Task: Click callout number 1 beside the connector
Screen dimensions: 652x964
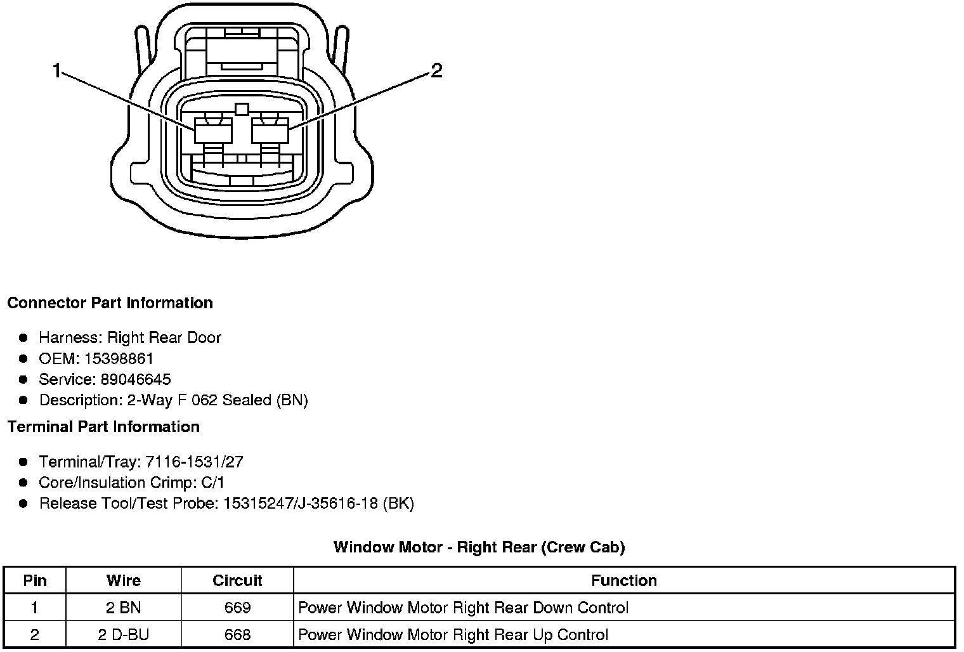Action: click(x=56, y=71)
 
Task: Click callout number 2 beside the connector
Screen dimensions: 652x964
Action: click(x=436, y=71)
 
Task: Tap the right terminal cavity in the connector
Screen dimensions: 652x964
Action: click(x=270, y=133)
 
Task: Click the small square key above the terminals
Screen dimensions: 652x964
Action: click(x=241, y=109)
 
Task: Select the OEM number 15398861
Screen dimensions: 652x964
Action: click(x=119, y=358)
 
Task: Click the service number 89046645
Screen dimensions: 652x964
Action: click(x=136, y=379)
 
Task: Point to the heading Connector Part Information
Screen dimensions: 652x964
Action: click(x=110, y=303)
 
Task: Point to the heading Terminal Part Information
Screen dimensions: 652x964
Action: click(x=103, y=426)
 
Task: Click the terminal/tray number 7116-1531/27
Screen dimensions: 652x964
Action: click(x=194, y=462)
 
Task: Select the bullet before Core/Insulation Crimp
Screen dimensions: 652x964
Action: click(x=24, y=483)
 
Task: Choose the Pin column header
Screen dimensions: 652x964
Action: click(x=35, y=580)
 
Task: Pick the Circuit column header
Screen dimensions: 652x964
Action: click(x=237, y=580)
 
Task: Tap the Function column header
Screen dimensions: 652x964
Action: click(x=624, y=580)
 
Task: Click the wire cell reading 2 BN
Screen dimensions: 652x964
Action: click(x=124, y=608)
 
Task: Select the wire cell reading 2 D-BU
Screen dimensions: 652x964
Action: click(x=124, y=634)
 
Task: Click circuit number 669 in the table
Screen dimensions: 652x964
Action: click(x=237, y=608)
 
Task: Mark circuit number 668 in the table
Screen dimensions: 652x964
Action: click(x=237, y=634)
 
